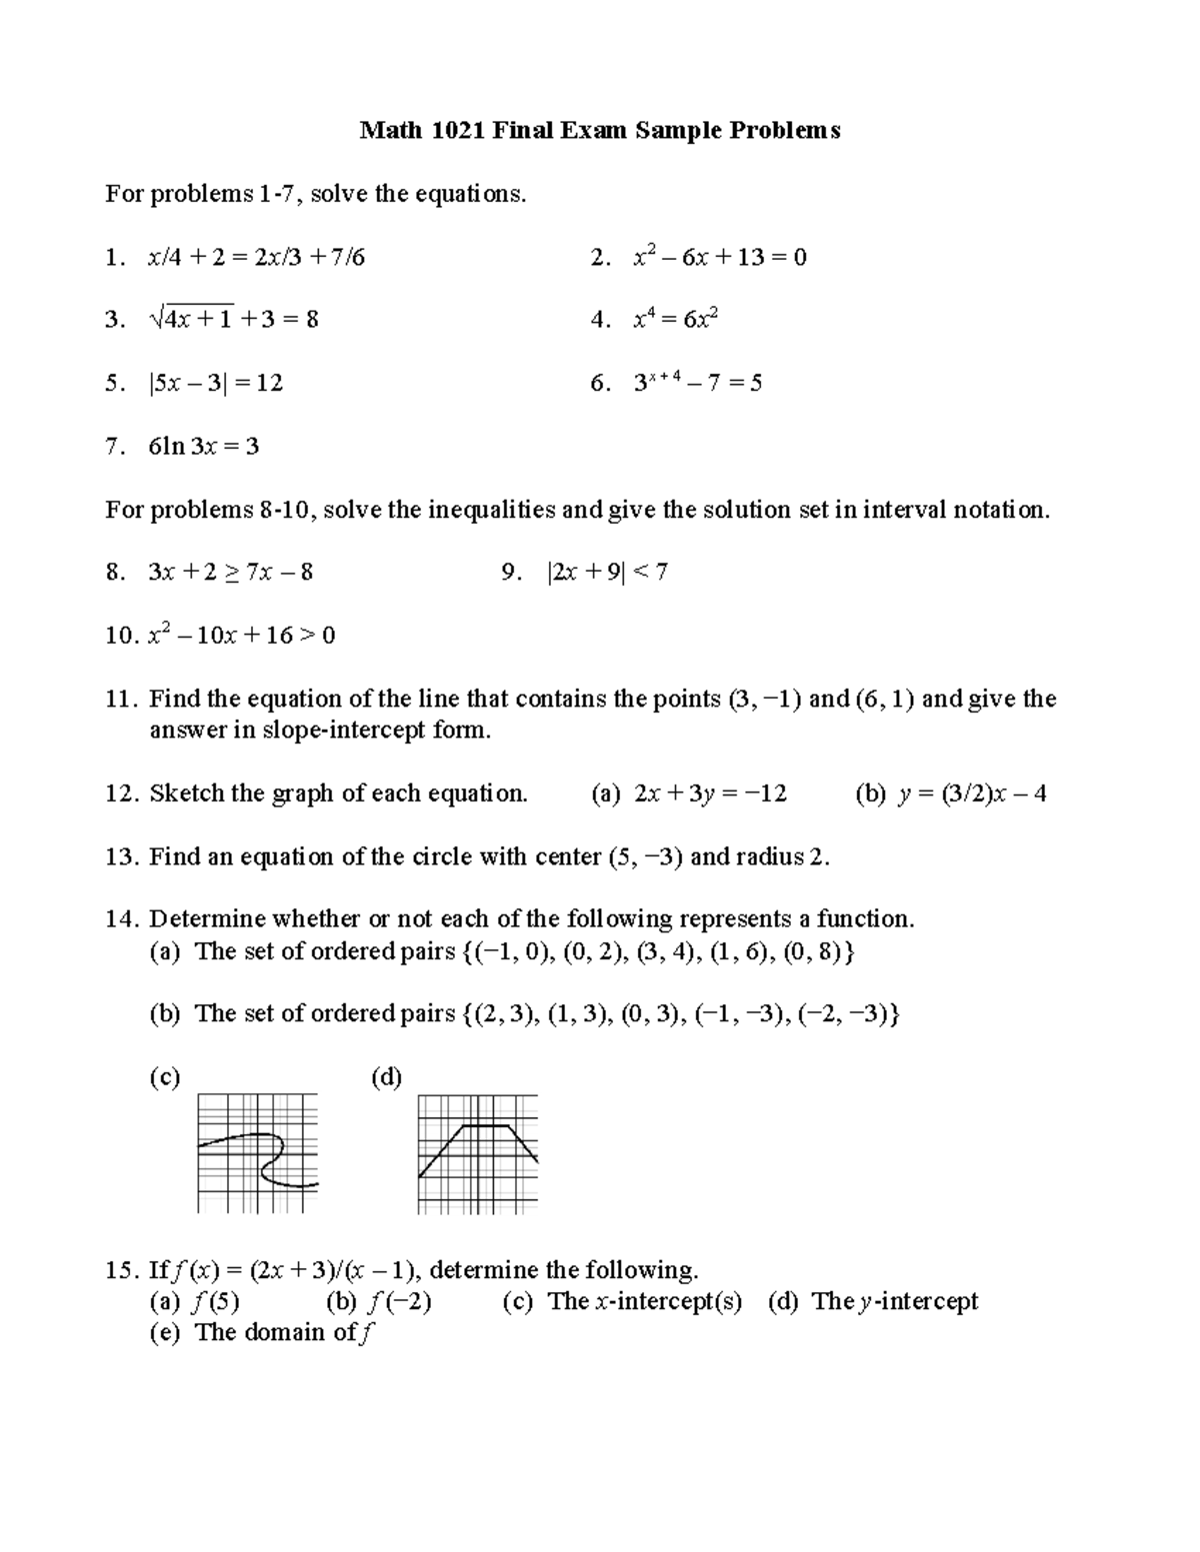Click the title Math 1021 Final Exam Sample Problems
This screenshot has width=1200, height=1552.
click(x=600, y=130)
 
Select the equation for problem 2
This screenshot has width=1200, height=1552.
click(x=720, y=257)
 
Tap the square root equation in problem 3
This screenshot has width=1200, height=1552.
click(x=233, y=320)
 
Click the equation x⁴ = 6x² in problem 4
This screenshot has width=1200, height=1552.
click(x=676, y=320)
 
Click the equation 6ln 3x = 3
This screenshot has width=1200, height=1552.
click(x=204, y=446)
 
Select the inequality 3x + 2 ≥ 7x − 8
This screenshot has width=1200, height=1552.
click(x=230, y=573)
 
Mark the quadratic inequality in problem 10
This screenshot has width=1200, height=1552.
click(x=241, y=636)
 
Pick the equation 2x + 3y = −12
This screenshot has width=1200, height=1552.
click(x=710, y=793)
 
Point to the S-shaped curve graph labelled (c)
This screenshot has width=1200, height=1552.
click(x=258, y=1153)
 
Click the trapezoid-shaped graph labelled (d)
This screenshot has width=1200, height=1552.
click(x=478, y=1153)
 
